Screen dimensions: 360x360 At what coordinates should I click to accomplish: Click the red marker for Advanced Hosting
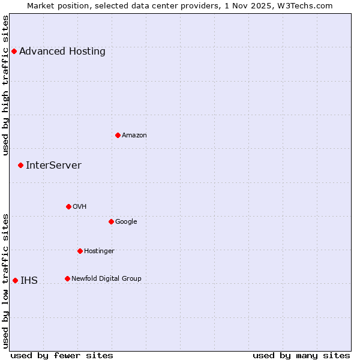[x=14, y=51]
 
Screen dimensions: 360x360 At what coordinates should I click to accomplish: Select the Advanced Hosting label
[x=62, y=52]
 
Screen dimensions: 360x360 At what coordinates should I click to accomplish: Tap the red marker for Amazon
[x=118, y=135]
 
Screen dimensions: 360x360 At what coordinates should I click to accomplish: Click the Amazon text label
[x=134, y=136]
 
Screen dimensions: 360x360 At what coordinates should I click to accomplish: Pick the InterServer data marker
[x=20, y=165]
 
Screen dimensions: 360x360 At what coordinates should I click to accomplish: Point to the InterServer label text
[x=53, y=166]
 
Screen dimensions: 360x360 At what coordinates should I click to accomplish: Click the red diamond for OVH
[x=68, y=206]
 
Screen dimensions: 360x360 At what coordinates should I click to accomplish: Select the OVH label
[x=80, y=207]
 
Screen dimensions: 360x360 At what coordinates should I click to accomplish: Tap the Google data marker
[x=111, y=221]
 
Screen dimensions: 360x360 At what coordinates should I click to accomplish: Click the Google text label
[x=126, y=222]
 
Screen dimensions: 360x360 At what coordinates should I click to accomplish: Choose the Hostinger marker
[x=80, y=251]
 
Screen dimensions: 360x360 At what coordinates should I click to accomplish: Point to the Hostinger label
[x=99, y=251]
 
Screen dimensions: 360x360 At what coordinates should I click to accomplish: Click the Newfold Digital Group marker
[x=67, y=278]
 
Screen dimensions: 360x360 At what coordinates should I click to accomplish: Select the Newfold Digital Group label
[x=106, y=279]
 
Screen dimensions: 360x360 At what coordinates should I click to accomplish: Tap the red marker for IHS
[x=15, y=280]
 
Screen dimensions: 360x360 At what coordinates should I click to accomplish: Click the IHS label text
[x=29, y=281]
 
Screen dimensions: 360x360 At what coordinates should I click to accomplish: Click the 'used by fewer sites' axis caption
[x=62, y=355]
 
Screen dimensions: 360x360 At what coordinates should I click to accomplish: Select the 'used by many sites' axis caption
[x=301, y=355]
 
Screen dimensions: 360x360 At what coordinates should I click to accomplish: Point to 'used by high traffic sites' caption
[x=6, y=85]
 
